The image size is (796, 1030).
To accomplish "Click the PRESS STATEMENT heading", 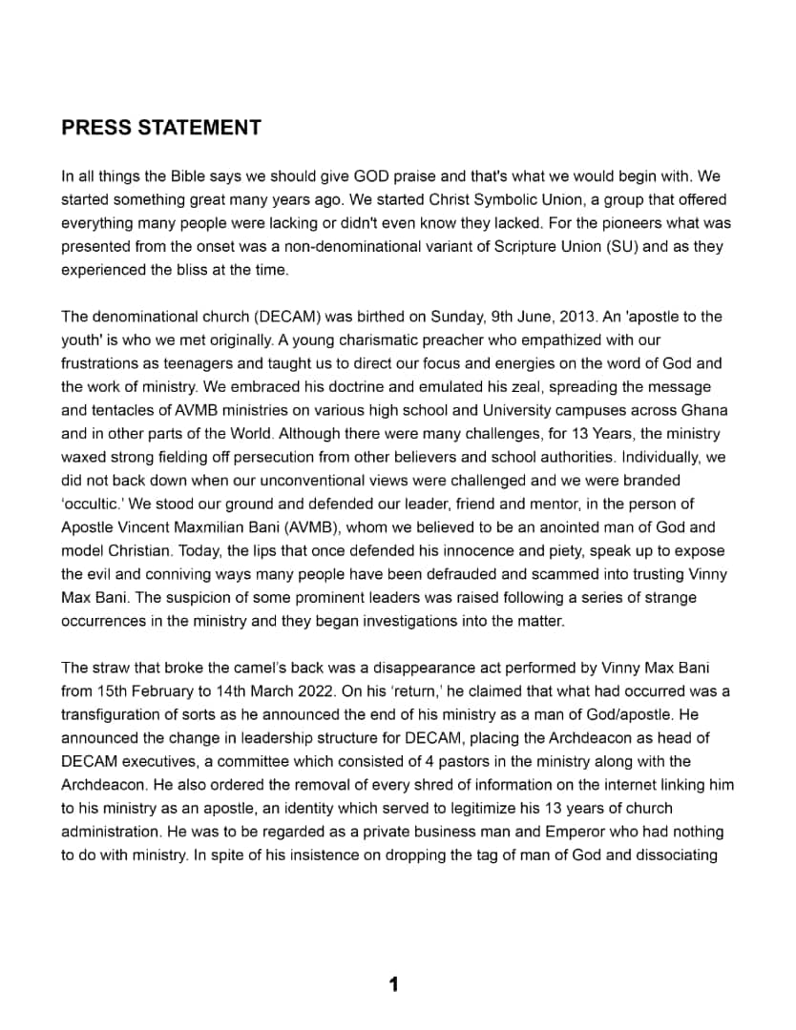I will [x=161, y=128].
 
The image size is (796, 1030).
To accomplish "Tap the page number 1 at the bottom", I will [x=393, y=984].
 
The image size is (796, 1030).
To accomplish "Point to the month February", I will [x=169, y=690].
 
